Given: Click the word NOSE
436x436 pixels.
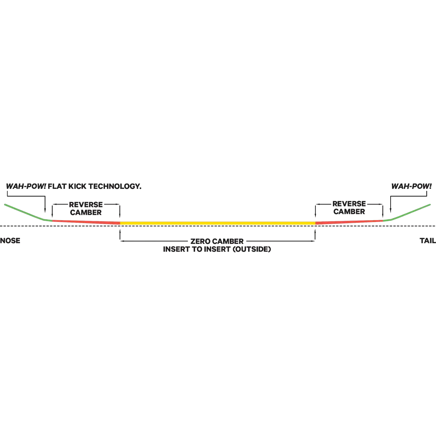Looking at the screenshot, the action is point(10,241).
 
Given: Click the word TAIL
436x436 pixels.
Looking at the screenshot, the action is point(428,241).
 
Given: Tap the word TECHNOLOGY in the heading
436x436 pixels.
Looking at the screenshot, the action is point(115,186).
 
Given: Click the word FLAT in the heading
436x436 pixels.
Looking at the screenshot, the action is point(57,186).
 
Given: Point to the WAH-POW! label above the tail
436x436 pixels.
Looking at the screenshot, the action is point(411,186).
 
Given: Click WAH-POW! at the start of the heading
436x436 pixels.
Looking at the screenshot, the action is point(26,186).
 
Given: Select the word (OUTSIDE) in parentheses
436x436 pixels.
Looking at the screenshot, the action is point(251,249).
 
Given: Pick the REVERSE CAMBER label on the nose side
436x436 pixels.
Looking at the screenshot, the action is point(86,209).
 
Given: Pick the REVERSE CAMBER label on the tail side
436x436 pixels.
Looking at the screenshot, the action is point(349,207).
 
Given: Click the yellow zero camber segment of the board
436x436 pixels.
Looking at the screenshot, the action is point(218,223).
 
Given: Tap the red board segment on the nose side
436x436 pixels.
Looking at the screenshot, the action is point(86,222).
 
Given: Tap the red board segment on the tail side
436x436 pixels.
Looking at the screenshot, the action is point(349,222).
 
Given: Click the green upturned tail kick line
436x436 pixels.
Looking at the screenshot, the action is point(407,213).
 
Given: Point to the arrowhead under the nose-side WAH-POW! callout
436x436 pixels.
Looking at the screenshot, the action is point(45,210).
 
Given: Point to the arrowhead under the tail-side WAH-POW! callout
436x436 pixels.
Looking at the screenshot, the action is point(391,210).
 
